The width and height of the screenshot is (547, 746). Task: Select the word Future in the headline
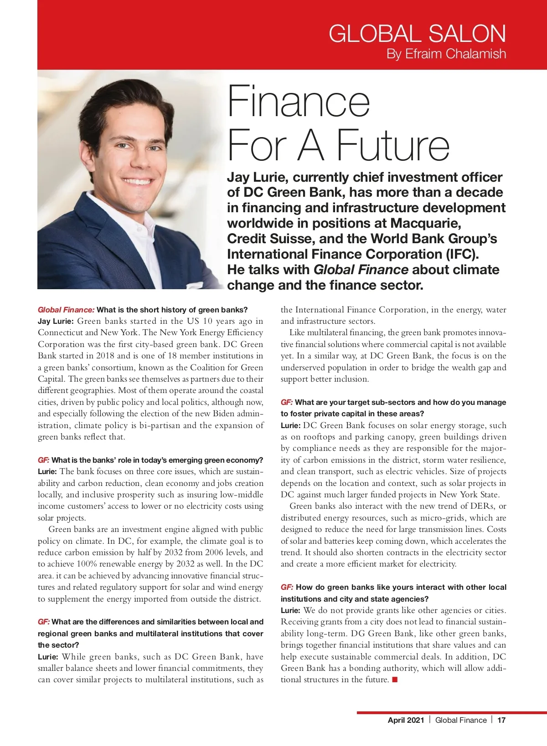click(393, 145)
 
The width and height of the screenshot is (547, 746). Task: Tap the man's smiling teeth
click(137, 182)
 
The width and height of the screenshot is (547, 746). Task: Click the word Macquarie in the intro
click(425, 224)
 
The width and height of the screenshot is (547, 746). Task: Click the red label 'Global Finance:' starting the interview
click(66, 310)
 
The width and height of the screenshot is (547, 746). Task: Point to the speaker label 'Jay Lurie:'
click(56, 322)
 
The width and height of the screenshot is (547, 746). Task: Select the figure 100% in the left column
click(87, 564)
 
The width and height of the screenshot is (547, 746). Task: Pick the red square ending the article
click(395, 680)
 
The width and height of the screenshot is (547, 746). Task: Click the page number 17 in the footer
click(501, 720)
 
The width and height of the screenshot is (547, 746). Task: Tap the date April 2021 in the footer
click(406, 720)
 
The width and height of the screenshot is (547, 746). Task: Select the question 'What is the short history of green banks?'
click(172, 310)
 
